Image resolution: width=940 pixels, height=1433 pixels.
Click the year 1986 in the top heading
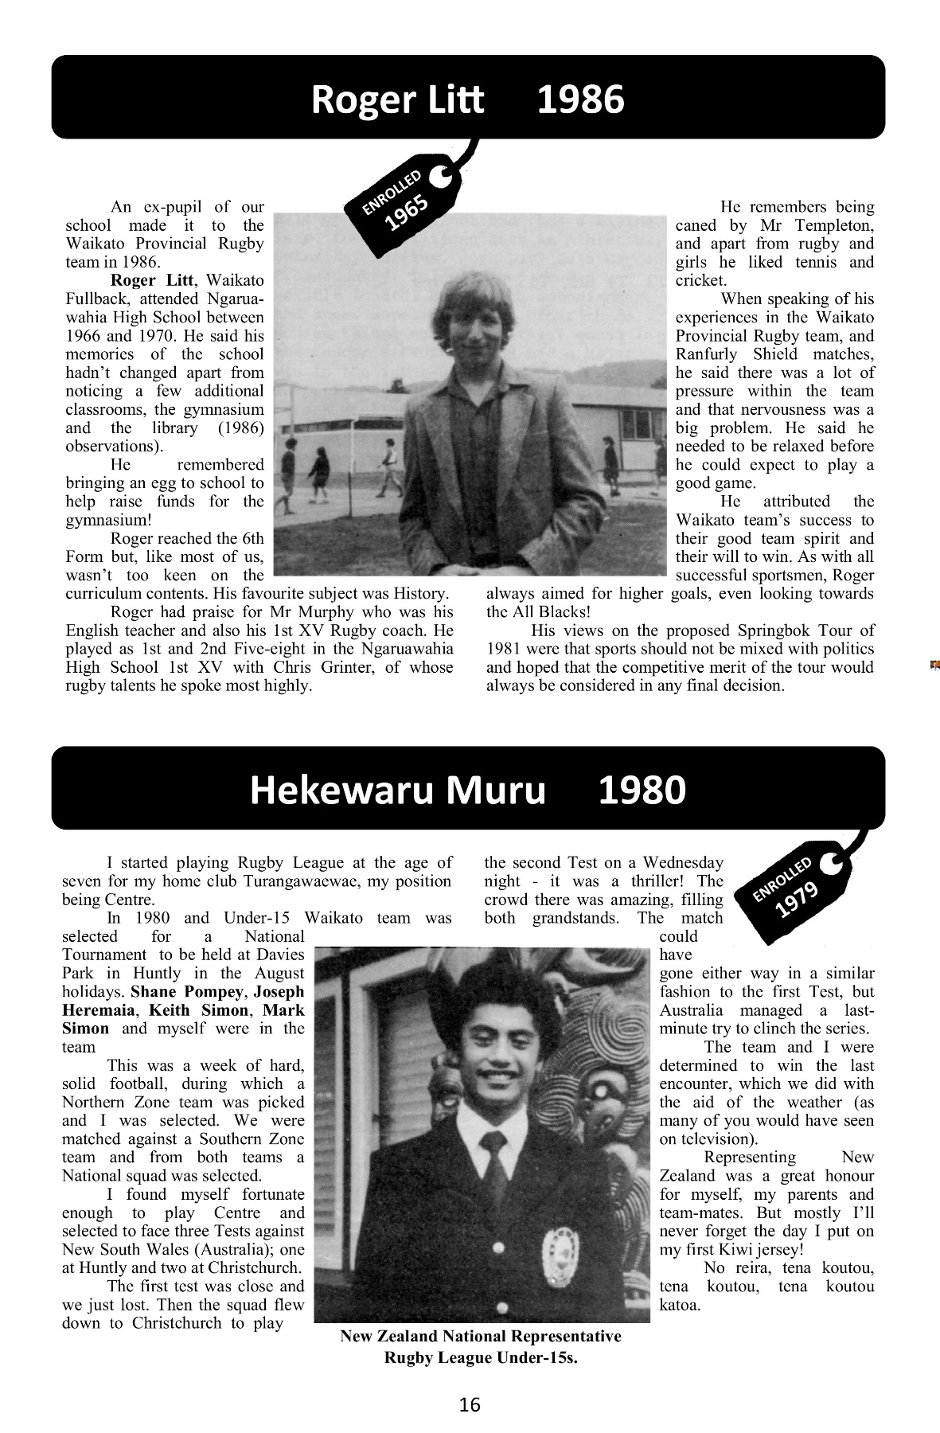pos(581,100)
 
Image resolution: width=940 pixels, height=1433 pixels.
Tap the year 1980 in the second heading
pos(642,791)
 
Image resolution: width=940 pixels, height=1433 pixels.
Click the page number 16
pos(470,1404)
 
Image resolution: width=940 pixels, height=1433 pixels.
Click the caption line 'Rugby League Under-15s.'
pos(480,1358)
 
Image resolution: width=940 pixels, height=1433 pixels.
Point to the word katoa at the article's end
pos(680,1305)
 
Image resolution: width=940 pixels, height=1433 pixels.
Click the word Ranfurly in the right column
pos(705,354)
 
